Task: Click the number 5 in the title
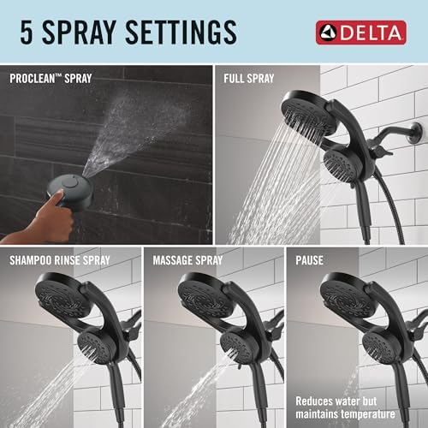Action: click(x=27, y=33)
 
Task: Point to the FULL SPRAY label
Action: click(x=248, y=78)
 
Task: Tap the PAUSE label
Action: click(x=309, y=258)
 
